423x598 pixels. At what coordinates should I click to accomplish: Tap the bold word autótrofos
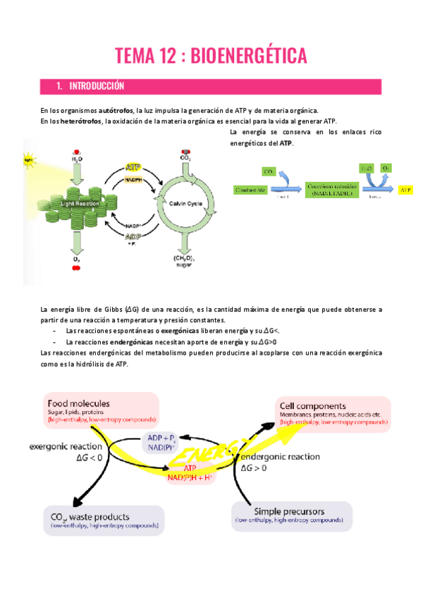(116, 111)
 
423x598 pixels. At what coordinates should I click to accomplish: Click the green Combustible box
(250, 190)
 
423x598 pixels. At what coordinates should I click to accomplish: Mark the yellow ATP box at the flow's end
(405, 190)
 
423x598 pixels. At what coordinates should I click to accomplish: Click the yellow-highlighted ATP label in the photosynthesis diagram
(132, 167)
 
